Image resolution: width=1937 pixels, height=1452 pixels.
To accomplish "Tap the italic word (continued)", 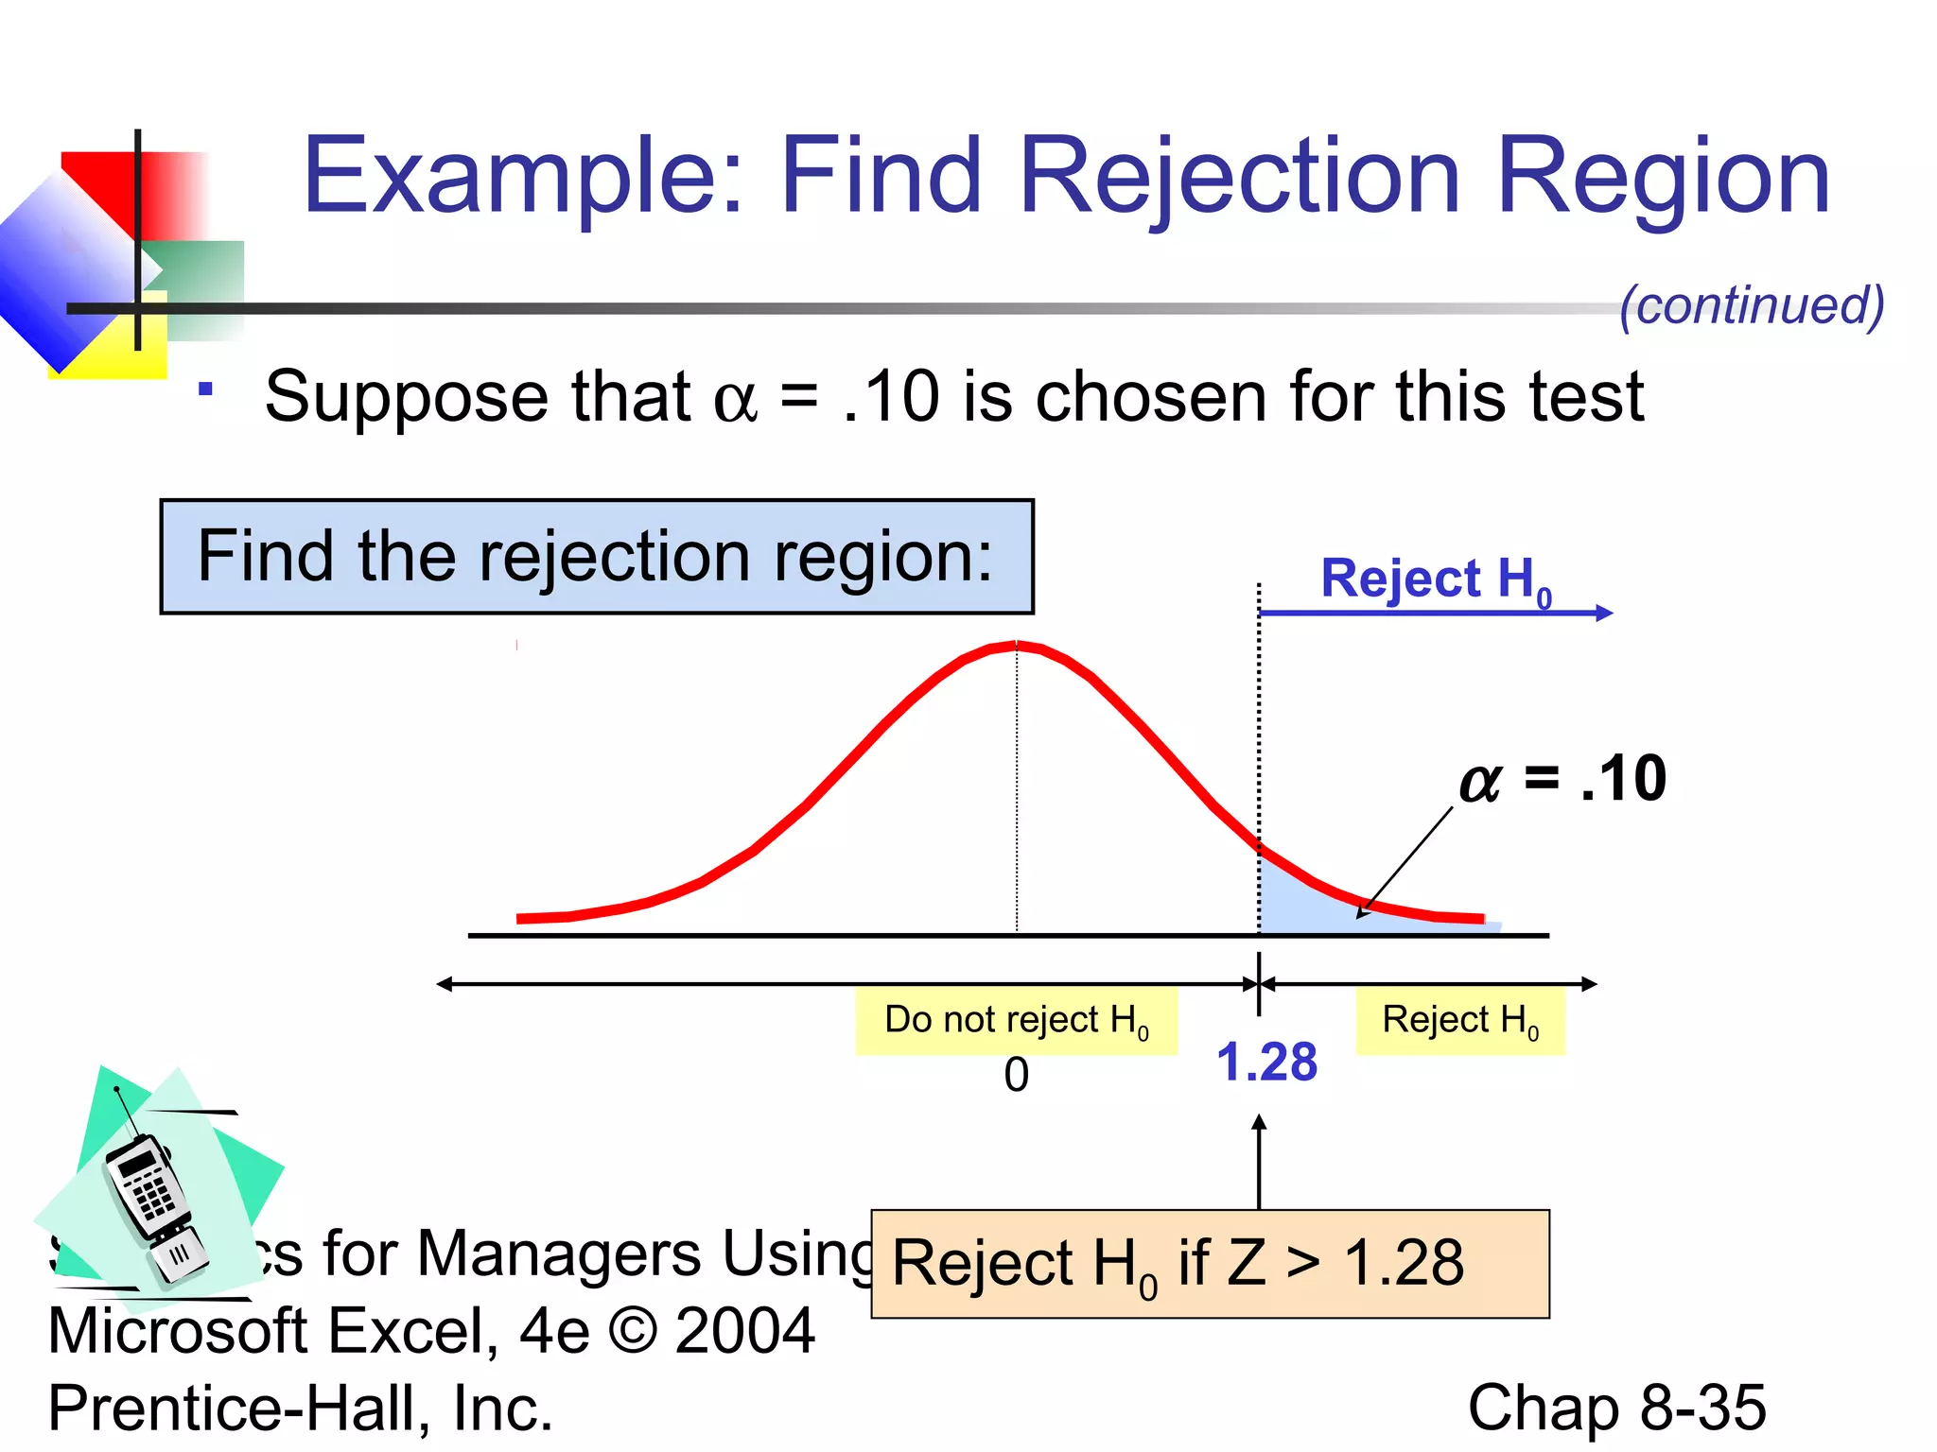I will [1752, 305].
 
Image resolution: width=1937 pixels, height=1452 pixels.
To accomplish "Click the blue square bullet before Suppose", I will [205, 389].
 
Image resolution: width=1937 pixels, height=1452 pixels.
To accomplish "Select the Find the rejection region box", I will [597, 557].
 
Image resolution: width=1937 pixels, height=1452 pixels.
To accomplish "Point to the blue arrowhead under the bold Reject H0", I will [1604, 613].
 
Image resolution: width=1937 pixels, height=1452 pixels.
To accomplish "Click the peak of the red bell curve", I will [1017, 647].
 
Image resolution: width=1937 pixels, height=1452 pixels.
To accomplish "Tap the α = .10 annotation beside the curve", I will [1562, 779].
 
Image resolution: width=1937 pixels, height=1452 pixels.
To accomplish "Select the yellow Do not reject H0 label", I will [1017, 1021].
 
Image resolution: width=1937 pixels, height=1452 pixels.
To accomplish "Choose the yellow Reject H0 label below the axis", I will [1460, 1021].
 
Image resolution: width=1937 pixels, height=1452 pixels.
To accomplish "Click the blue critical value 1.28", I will [1266, 1063].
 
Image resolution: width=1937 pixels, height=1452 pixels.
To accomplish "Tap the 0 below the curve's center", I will [1017, 1075].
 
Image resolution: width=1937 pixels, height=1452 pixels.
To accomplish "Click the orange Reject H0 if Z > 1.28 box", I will [1210, 1264].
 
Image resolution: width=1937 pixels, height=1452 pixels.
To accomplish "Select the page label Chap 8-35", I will [1616, 1408].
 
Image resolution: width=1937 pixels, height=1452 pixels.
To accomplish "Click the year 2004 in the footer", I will [744, 1331].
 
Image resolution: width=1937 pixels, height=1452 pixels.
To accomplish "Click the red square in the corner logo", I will [104, 184].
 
